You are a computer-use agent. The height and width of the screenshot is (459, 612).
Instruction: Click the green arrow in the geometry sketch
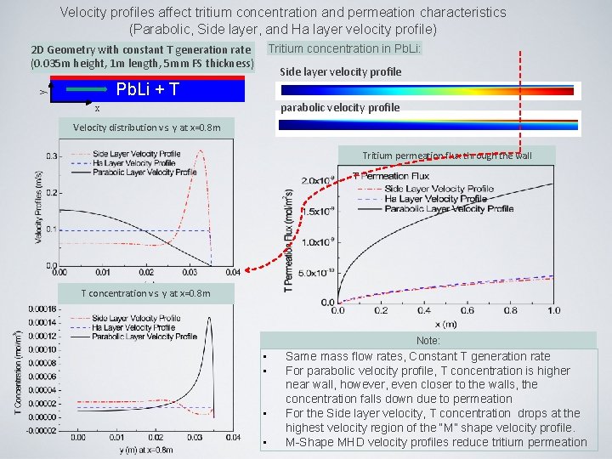pyautogui.click(x=85, y=89)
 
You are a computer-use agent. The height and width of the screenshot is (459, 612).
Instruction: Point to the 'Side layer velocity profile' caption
pyautogui.click(x=340, y=71)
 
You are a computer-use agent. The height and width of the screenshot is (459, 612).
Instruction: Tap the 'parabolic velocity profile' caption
pyautogui.click(x=340, y=107)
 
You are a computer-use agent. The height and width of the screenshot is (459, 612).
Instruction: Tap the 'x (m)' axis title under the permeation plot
pyautogui.click(x=446, y=325)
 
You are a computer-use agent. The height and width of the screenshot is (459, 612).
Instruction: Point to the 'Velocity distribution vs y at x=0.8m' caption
pyautogui.click(x=148, y=127)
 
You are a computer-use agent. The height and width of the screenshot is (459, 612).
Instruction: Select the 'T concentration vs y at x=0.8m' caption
pyautogui.click(x=144, y=293)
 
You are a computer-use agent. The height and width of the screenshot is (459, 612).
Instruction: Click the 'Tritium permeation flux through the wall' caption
pyautogui.click(x=446, y=156)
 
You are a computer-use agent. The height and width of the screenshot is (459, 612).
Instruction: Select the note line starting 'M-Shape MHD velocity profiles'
pyautogui.click(x=435, y=442)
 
